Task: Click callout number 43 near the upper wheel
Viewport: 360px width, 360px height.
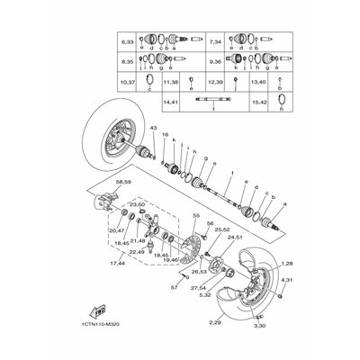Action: pyautogui.click(x=153, y=131)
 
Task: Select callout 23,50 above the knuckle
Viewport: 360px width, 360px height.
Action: pyautogui.click(x=138, y=205)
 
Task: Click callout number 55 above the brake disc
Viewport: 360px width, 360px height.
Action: pyautogui.click(x=195, y=216)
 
